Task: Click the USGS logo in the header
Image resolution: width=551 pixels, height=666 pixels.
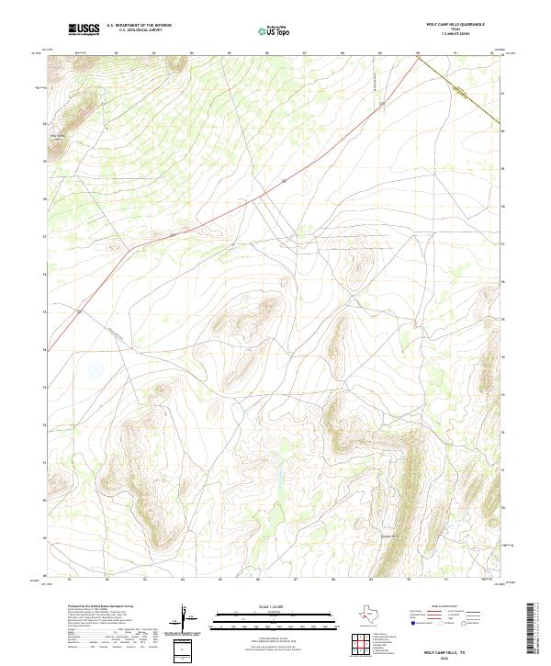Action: click(x=84, y=29)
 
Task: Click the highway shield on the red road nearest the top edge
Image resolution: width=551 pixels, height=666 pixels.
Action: click(x=284, y=181)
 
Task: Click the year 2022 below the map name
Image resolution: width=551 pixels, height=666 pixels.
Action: click(x=452, y=658)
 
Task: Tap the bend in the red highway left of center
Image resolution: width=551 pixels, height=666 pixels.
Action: click(x=135, y=247)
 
